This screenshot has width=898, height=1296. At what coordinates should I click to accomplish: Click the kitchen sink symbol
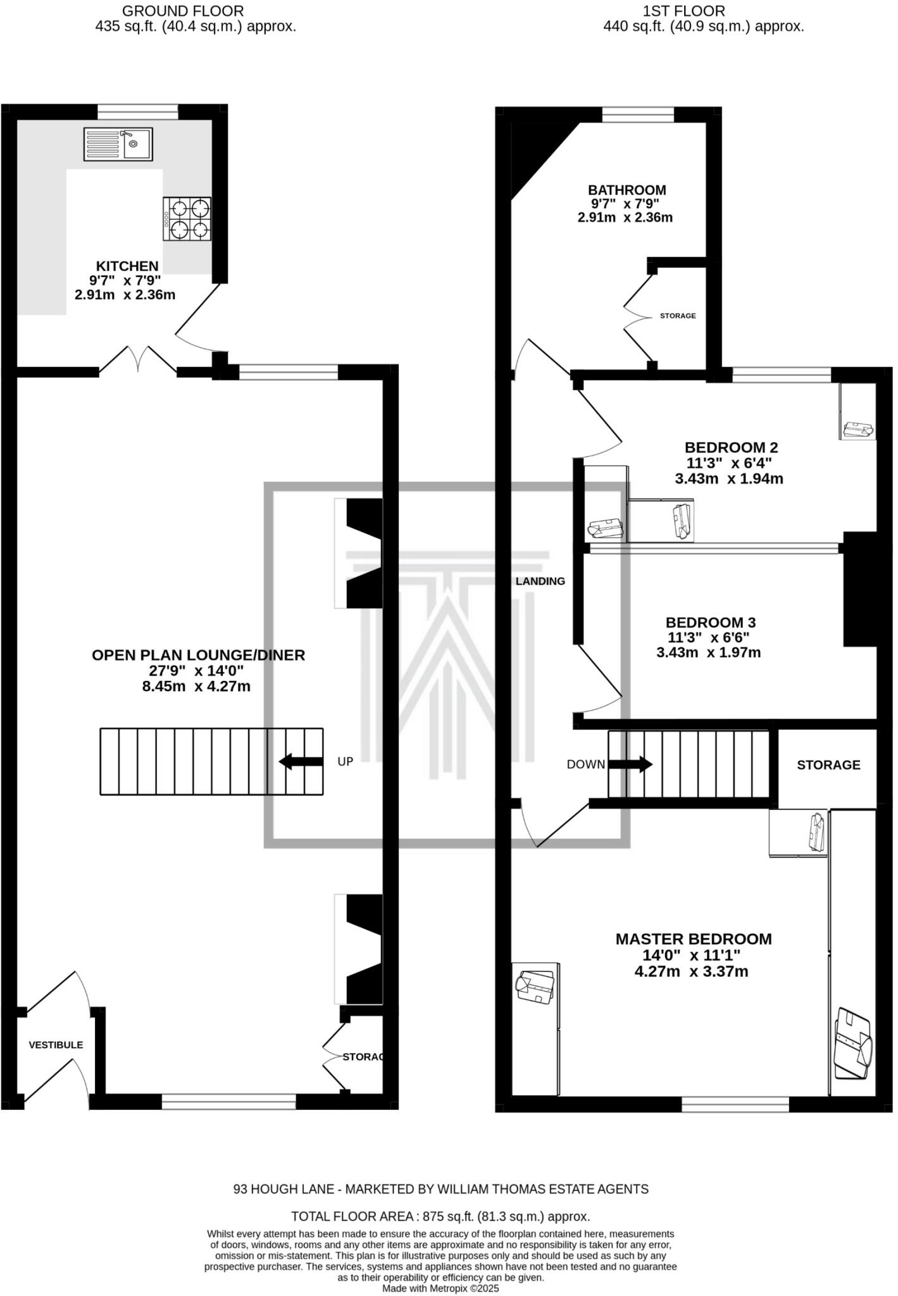pyautogui.click(x=118, y=144)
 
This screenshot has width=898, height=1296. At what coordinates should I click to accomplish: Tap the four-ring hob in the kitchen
pyautogui.click(x=187, y=219)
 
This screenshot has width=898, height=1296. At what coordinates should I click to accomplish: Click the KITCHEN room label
pyautogui.click(x=127, y=266)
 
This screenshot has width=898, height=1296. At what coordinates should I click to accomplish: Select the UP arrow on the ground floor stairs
pyautogui.click(x=300, y=761)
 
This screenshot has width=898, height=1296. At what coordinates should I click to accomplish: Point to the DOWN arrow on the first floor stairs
pyautogui.click(x=630, y=764)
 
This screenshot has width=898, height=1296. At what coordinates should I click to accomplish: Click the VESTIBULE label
pyautogui.click(x=56, y=1045)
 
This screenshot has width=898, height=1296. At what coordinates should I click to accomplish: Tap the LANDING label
pyautogui.click(x=540, y=581)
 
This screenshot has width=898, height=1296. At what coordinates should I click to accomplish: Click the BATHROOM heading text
pyautogui.click(x=627, y=190)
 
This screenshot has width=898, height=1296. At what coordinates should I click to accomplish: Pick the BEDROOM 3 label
pyautogui.click(x=710, y=623)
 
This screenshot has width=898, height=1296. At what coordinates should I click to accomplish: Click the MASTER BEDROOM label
pyautogui.click(x=694, y=939)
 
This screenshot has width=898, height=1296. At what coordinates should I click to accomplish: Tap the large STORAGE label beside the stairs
pyautogui.click(x=828, y=765)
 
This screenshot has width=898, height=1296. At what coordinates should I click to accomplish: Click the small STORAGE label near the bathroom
pyautogui.click(x=677, y=316)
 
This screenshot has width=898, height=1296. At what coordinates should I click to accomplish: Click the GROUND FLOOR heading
pyautogui.click(x=182, y=11)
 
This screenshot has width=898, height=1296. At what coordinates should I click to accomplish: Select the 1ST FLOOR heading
pyautogui.click(x=683, y=11)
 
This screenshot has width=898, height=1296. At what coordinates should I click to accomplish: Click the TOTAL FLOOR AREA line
pyautogui.click(x=440, y=1216)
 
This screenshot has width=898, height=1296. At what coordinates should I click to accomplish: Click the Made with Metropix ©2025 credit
pyautogui.click(x=440, y=1288)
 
